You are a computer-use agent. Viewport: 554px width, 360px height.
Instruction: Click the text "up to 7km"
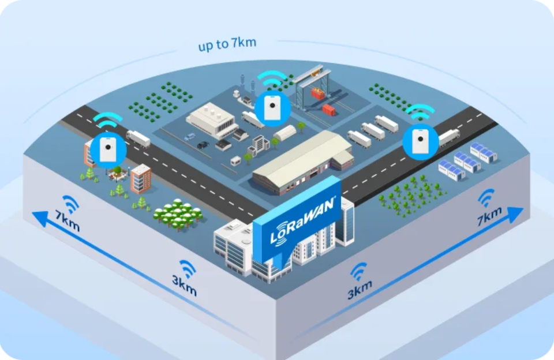click(227, 44)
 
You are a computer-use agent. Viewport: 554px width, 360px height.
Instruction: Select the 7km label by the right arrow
click(489, 218)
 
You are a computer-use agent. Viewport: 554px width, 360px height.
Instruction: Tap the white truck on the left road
click(138, 138)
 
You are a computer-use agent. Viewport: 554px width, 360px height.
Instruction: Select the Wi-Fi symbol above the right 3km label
click(358, 271)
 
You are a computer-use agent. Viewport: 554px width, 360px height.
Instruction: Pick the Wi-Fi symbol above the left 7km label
click(70, 203)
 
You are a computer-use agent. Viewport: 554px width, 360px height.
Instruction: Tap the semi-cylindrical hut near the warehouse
click(285, 133)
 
